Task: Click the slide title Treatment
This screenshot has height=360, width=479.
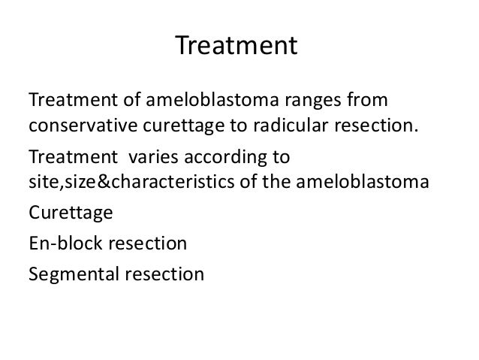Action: tap(237, 47)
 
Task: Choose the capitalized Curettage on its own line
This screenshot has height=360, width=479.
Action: tap(71, 216)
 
